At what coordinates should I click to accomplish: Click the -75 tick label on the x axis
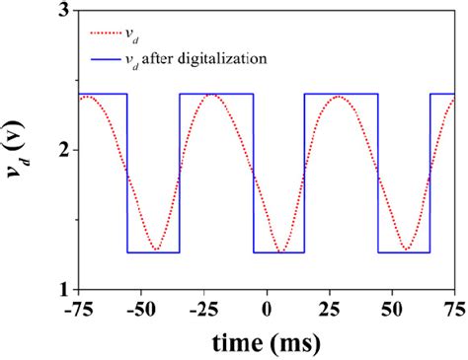point(78,309)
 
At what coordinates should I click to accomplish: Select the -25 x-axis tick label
point(203,309)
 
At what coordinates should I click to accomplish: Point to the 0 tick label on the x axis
point(267,309)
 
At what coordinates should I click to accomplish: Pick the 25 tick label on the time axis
point(330,309)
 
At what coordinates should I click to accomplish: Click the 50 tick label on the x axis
point(392,309)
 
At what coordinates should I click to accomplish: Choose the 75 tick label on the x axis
point(453,309)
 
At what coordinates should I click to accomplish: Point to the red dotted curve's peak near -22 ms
point(211,95)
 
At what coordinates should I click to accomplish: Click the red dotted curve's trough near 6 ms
point(281,251)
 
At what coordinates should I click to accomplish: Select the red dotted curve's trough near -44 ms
point(156,251)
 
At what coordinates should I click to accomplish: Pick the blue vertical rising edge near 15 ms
point(304,173)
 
